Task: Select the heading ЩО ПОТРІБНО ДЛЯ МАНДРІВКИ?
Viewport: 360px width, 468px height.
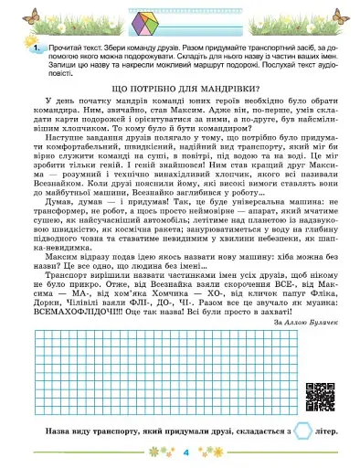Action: pos(179,87)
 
